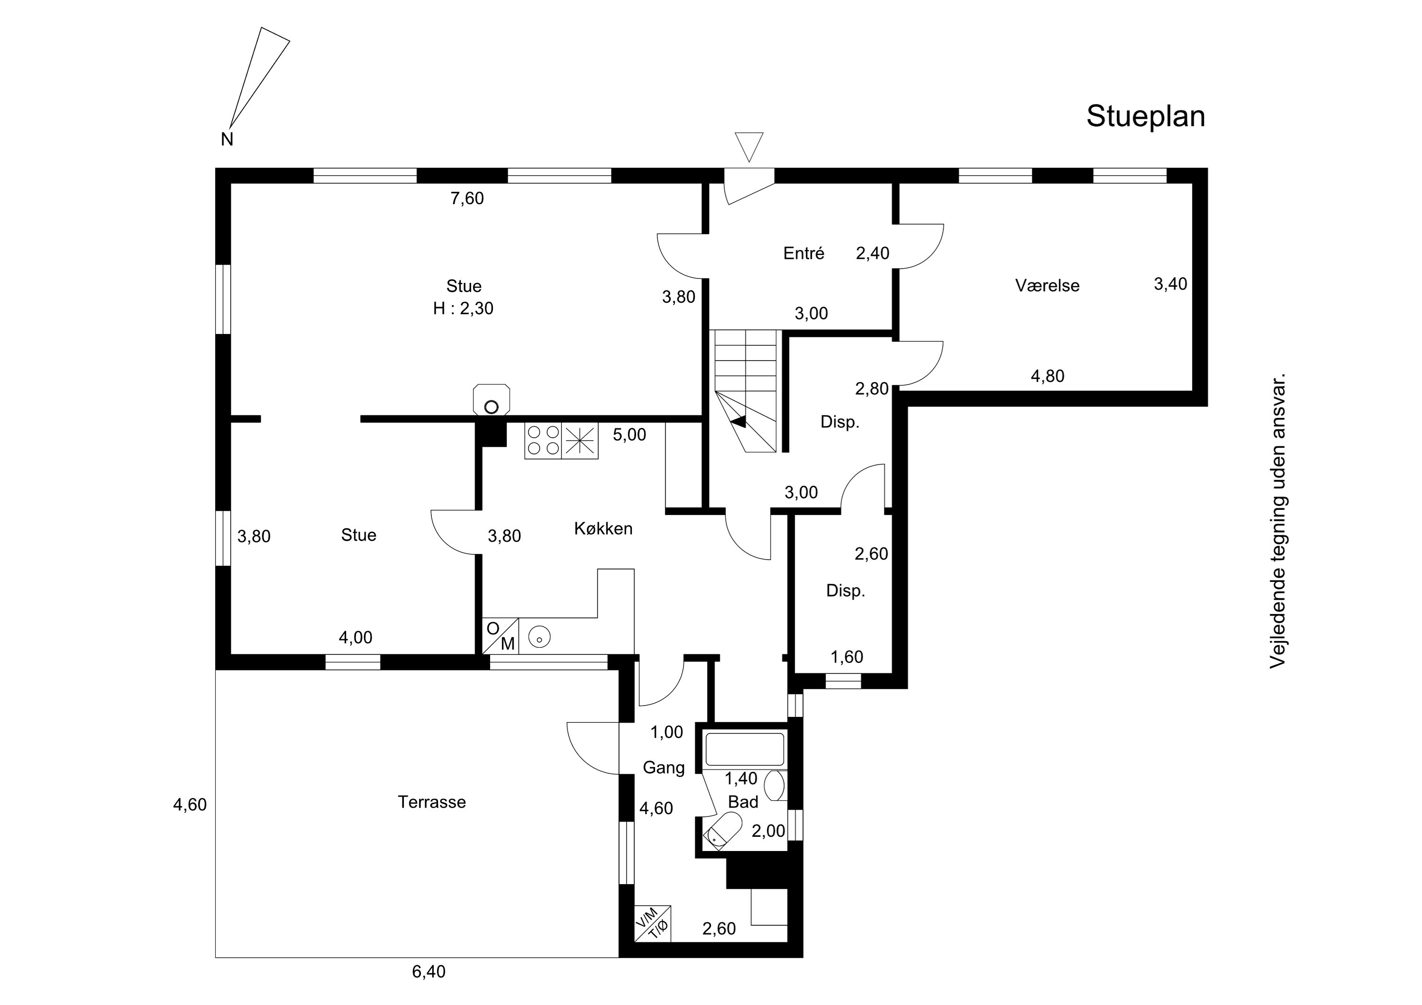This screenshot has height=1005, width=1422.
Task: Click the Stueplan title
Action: click(1146, 117)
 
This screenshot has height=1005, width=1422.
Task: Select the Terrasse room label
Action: click(432, 802)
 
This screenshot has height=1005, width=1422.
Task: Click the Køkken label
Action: click(603, 528)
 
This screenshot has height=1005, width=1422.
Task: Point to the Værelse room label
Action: click(1047, 285)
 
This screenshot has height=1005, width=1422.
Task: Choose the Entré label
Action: click(804, 253)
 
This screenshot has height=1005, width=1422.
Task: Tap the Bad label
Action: click(743, 802)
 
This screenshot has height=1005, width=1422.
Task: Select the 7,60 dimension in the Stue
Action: click(467, 198)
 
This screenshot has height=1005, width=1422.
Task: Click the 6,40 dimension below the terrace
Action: click(428, 971)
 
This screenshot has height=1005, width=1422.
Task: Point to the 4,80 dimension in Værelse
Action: click(1047, 376)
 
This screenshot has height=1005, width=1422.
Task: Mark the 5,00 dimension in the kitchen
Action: click(629, 435)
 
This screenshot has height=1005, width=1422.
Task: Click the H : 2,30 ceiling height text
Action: click(463, 308)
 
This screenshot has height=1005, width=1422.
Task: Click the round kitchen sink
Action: click(540, 636)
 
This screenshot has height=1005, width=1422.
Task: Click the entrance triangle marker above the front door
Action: click(749, 147)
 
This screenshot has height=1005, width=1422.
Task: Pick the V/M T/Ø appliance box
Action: click(652, 923)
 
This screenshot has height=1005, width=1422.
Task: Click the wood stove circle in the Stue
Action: click(491, 407)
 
